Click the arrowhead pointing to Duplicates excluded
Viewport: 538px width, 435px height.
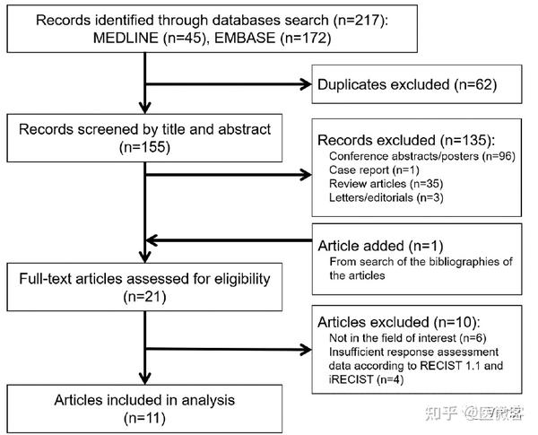303,85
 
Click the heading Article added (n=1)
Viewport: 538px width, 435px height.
381,245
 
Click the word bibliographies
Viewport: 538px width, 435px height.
440,261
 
